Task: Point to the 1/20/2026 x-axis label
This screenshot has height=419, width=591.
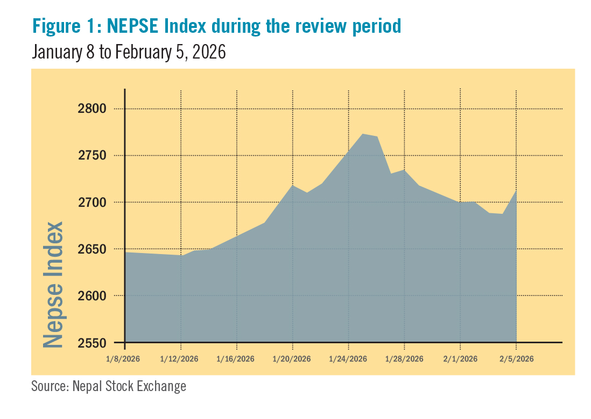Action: coord(293,359)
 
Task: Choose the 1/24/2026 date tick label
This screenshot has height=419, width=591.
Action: coord(349,359)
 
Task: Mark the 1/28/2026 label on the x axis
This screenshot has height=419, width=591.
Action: coord(405,359)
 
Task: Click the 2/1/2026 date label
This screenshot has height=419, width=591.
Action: coord(461,359)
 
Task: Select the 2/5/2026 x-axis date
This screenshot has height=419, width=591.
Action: coord(517,359)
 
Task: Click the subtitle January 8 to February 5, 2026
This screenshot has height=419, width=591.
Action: coord(128,52)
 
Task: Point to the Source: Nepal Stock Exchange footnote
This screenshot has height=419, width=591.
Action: coord(109,386)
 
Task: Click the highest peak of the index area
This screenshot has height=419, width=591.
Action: coord(362,134)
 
